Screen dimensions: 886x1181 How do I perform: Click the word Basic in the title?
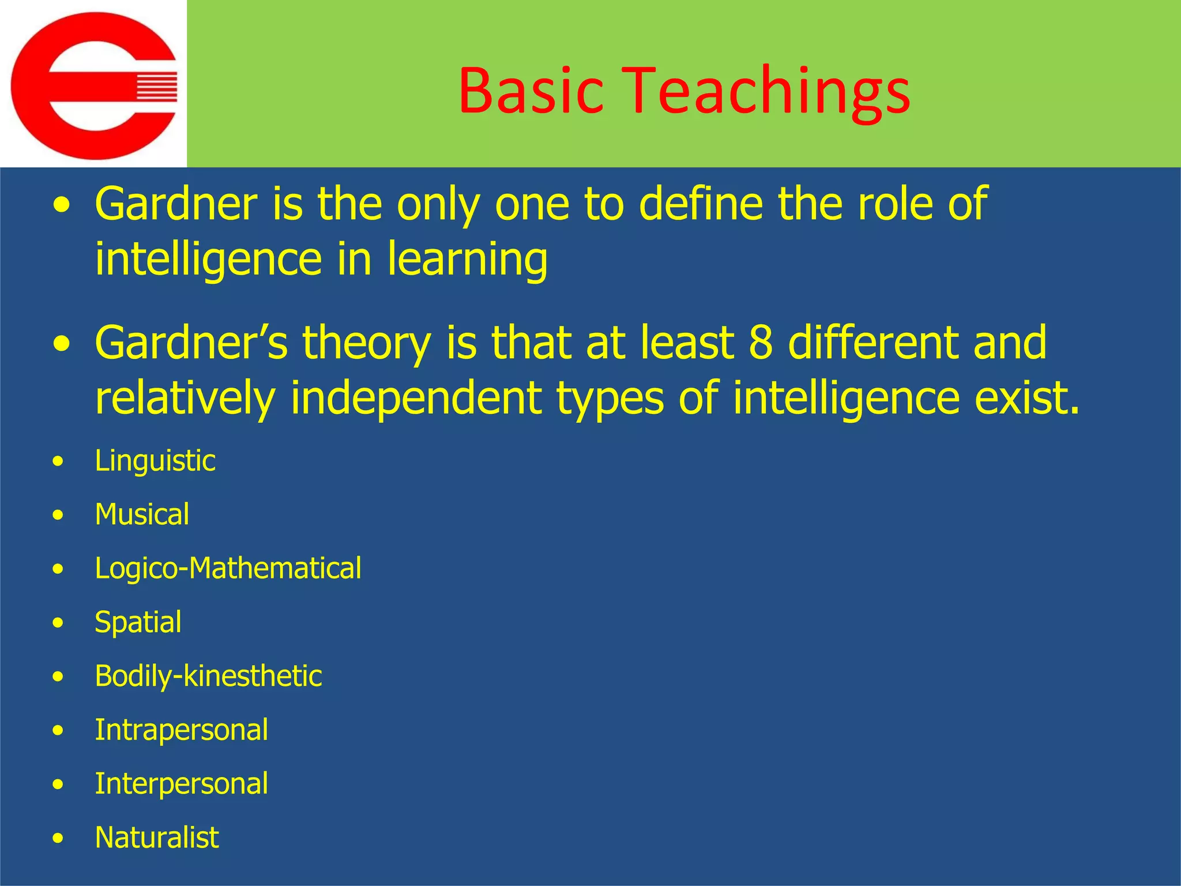tap(531, 91)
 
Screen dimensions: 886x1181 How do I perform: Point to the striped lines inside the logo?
tap(156, 87)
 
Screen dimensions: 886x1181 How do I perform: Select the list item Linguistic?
tap(155, 461)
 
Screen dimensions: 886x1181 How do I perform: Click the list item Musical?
tap(142, 515)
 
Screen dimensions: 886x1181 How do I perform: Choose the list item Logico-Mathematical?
tap(228, 568)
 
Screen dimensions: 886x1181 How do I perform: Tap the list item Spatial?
tap(138, 622)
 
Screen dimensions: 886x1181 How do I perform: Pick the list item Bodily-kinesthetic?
tap(208, 676)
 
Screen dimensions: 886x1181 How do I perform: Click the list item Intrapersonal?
tap(181, 730)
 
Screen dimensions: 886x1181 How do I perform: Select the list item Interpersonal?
tap(181, 783)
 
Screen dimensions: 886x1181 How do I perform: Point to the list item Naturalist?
tap(157, 838)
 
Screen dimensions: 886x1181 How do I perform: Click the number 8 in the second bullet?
tap(761, 342)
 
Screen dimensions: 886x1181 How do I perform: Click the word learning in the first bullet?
tap(467, 260)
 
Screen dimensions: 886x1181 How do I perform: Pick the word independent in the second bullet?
tap(415, 398)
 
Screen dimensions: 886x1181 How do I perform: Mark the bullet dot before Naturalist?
tap(58, 839)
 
